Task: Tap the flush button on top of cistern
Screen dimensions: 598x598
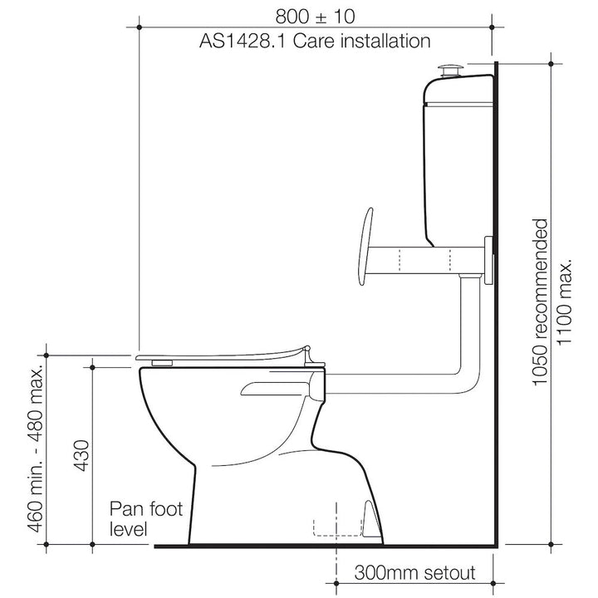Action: pyautogui.click(x=453, y=67)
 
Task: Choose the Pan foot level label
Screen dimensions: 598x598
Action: pyautogui.click(x=142, y=517)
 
